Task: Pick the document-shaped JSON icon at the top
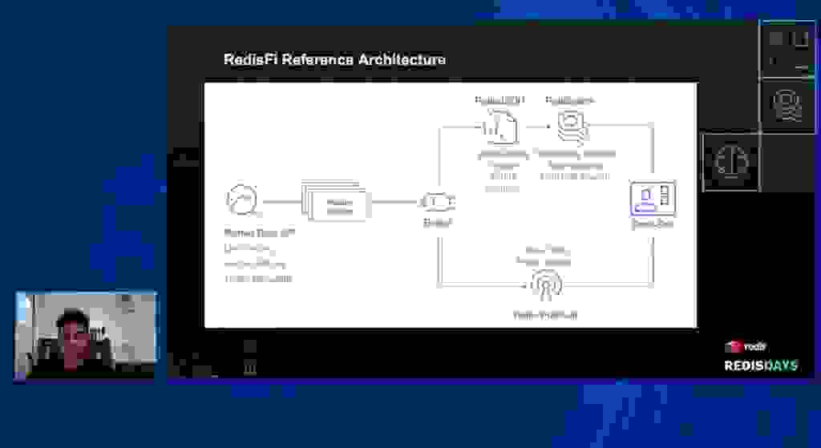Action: (x=500, y=126)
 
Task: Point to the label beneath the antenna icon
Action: (x=545, y=314)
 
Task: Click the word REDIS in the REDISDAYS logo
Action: (x=742, y=365)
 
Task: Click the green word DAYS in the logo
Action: (x=779, y=365)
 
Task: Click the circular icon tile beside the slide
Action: (x=731, y=163)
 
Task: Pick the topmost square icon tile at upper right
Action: (x=787, y=48)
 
